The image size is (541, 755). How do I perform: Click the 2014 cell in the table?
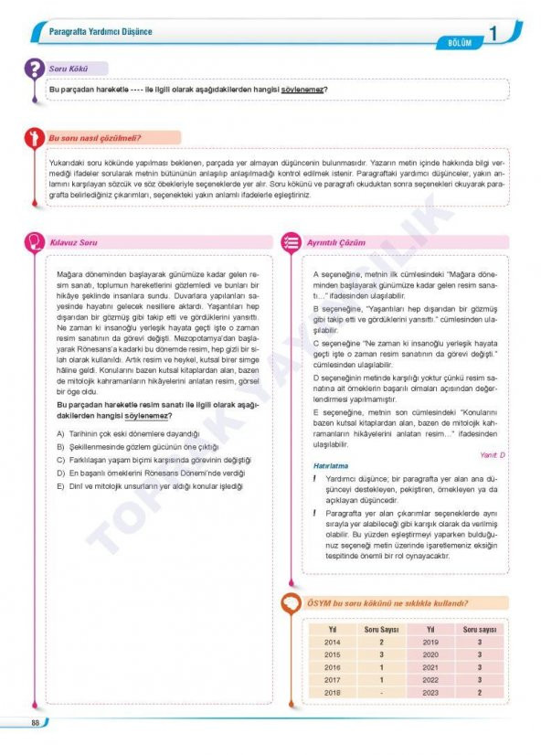coord(332,643)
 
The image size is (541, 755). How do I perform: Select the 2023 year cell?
coord(430,693)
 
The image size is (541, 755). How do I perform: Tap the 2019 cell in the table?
coord(430,643)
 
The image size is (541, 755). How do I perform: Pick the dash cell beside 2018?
coord(381,693)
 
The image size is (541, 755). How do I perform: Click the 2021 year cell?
coord(430,668)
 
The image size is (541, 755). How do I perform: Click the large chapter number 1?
coord(493,34)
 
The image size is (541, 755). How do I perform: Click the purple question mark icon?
coord(34,69)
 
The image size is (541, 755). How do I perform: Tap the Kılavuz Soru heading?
coord(76,242)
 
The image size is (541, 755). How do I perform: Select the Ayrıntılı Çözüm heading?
coord(335,242)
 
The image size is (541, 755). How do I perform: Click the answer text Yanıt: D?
coord(492,454)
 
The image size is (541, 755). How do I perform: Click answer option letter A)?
coord(60,432)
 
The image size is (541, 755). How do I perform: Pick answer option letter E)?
coord(60,487)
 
